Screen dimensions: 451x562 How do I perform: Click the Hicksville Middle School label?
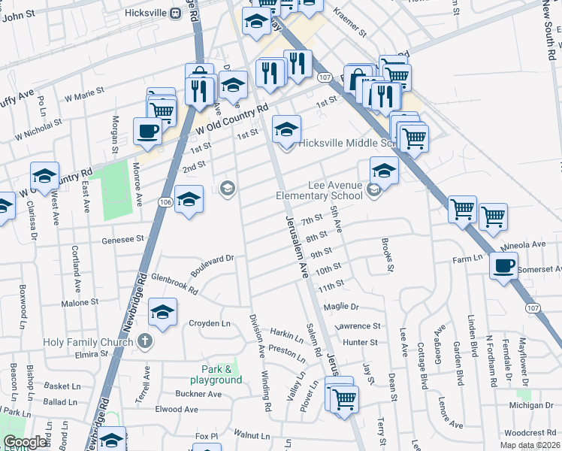[x=346, y=144]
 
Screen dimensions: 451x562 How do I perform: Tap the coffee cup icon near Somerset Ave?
[x=503, y=265]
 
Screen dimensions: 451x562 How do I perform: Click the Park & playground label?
[x=222, y=374]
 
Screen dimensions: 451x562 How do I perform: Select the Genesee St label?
[x=122, y=239]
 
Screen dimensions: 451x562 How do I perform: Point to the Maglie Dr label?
[x=342, y=307]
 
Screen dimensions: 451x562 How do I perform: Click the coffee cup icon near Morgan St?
[x=147, y=131]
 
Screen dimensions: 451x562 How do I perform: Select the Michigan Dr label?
[x=530, y=405]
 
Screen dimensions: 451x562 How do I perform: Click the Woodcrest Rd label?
[x=530, y=433]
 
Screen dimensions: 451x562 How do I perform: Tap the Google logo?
[x=26, y=442]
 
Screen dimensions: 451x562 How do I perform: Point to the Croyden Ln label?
[x=210, y=324]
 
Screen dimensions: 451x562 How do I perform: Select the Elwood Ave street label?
[x=176, y=410]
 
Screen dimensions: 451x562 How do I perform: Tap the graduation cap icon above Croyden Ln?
[x=162, y=312]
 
